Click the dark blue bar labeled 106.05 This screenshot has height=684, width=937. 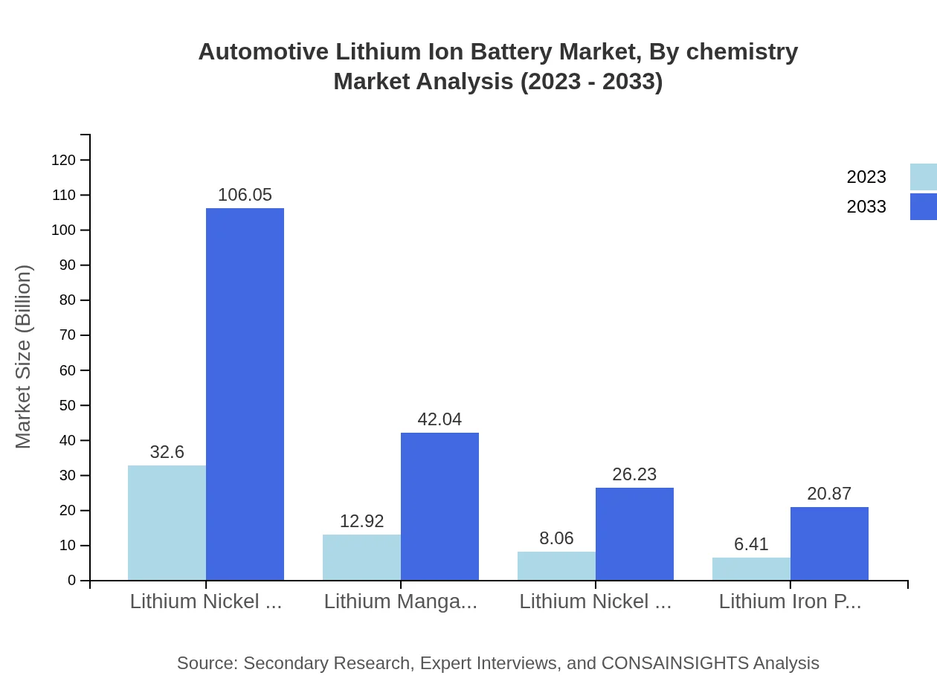[245, 394]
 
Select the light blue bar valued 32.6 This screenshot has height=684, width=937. [167, 523]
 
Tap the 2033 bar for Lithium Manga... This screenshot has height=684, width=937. [439, 506]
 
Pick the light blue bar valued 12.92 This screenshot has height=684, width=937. [361, 557]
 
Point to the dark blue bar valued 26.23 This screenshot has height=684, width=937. [634, 534]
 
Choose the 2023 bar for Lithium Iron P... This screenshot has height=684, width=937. [751, 569]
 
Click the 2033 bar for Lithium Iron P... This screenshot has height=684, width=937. [829, 543]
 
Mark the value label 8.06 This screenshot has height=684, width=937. [556, 538]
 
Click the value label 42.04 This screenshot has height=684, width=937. [439, 419]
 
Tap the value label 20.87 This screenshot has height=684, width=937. [829, 494]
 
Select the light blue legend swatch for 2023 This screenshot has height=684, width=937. [923, 177]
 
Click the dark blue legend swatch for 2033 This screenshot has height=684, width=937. [923, 207]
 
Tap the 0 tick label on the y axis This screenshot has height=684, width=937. [71, 580]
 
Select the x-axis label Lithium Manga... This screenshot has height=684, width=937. [401, 601]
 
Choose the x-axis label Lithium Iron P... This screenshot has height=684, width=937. [790, 601]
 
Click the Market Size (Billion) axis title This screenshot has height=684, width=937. [24, 357]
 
